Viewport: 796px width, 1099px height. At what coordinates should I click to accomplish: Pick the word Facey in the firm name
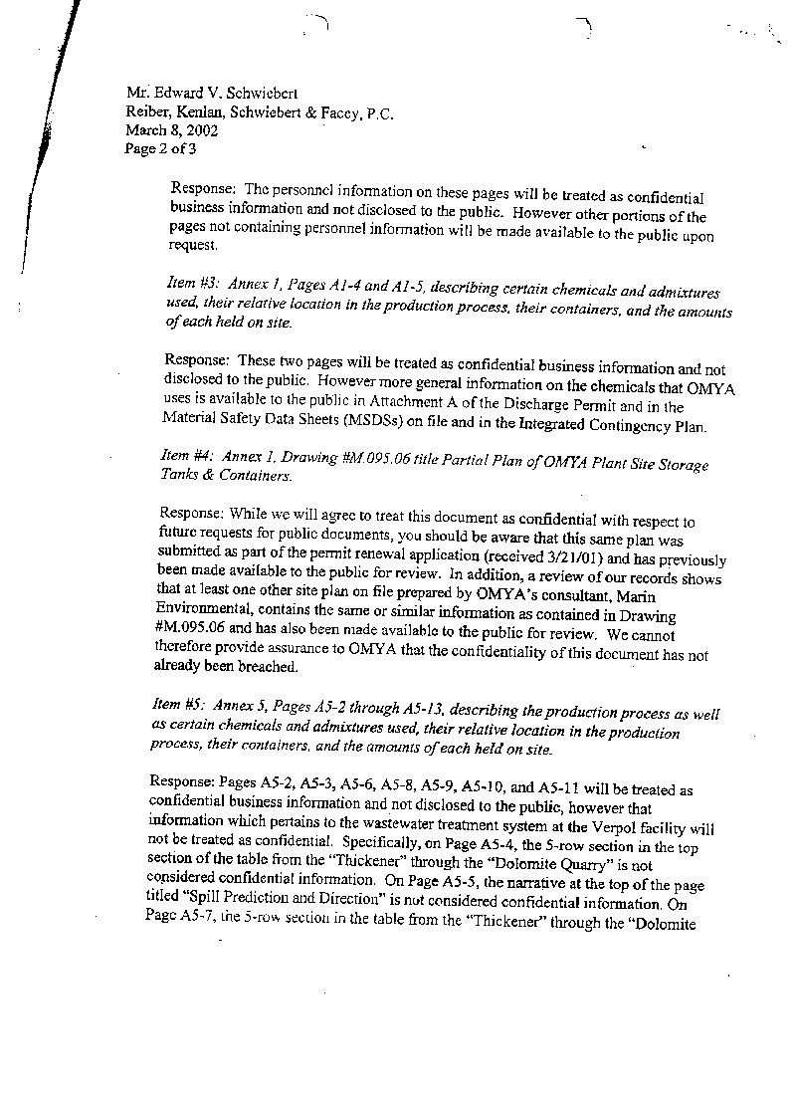point(341,112)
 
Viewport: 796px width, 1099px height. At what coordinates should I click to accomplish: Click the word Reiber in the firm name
point(135,112)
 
